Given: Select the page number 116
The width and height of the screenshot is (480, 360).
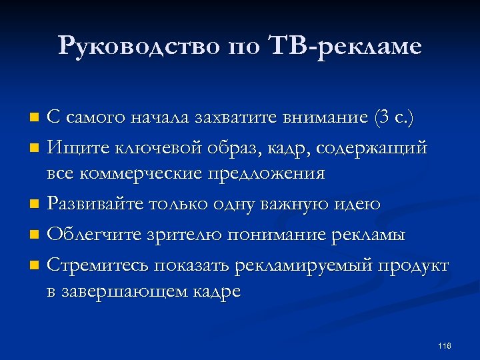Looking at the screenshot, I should (445, 345).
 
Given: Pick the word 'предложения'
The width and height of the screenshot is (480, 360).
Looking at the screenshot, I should (267, 175).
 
